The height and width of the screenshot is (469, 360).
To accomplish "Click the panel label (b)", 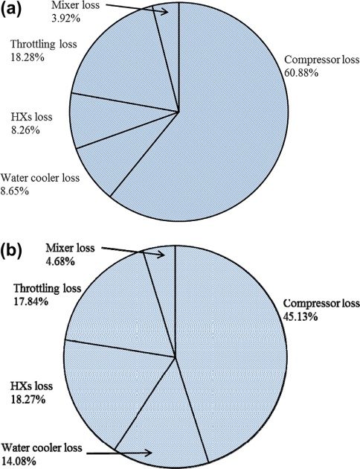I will (x=16, y=249).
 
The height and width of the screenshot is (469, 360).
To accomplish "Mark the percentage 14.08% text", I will (x=20, y=461).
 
